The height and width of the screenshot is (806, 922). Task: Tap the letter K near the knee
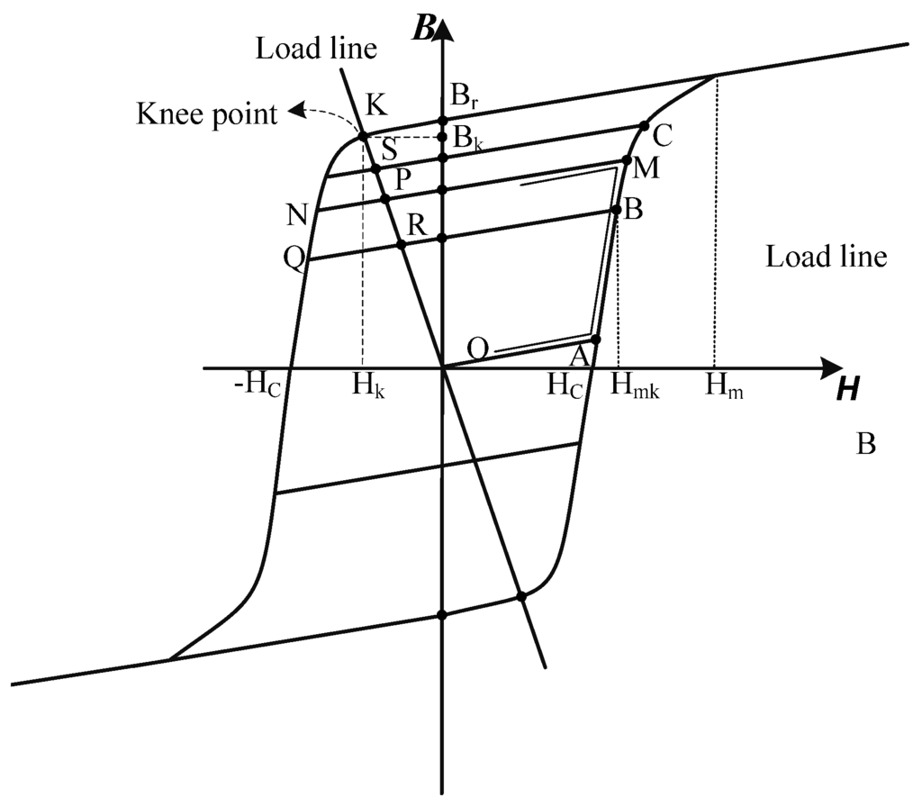pos(376,104)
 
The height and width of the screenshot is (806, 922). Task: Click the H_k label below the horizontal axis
pos(369,388)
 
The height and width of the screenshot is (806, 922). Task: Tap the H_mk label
pos(636,388)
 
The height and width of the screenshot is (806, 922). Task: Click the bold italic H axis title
pos(847,389)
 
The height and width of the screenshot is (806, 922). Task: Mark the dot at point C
pos(644,127)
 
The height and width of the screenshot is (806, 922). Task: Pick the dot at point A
pos(595,339)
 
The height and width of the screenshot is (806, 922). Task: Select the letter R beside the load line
pos(416,226)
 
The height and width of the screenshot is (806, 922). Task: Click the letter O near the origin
pos(479,348)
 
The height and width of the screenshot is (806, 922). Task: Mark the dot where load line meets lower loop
pos(520,596)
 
